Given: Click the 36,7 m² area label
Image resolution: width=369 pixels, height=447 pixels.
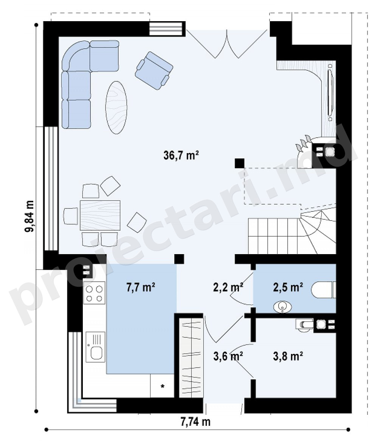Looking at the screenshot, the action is pos(181,155).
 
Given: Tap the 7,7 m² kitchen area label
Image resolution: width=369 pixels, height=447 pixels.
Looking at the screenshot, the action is pos(141,287).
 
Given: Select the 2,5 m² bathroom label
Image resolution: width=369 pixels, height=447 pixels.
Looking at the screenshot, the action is pos(288,287).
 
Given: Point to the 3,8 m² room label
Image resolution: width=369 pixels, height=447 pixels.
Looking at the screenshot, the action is pos(288,356).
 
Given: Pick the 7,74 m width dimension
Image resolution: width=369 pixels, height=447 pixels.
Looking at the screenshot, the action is pos(195,421).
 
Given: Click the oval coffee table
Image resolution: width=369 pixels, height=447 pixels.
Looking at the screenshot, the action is pos(116,107).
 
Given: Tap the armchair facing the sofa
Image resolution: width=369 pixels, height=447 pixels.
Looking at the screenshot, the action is pos(154,70).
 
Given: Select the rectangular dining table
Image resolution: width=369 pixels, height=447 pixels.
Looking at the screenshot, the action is pos(100,215).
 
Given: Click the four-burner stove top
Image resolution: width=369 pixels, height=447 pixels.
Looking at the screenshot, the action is pos(94,293).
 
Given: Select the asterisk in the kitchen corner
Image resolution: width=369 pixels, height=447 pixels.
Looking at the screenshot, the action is pos(163,386).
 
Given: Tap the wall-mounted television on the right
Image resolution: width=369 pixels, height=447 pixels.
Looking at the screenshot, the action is pos(330,92).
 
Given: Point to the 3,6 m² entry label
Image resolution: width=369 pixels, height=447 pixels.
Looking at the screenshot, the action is pos(228,356).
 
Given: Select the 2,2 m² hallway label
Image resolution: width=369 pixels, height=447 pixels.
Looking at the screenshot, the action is pos(228,287).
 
